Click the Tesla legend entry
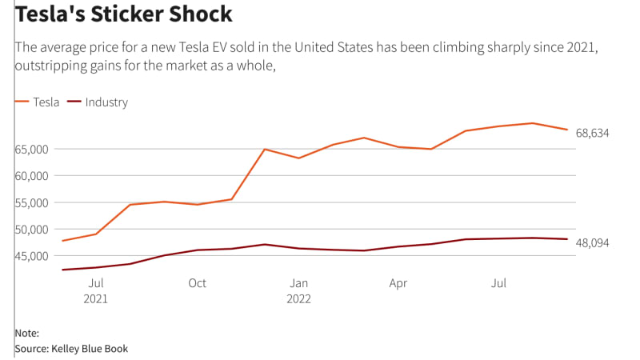tap(45, 102)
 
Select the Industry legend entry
tap(106, 102)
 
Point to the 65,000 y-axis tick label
tap(31, 150)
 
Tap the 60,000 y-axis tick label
tap(31, 176)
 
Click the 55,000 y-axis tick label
tap(31, 203)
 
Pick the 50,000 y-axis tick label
tap(31, 230)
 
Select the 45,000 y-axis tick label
tap(31, 256)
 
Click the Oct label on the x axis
tap(197, 283)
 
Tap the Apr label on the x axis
tap(398, 283)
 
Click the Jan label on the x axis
tap(298, 283)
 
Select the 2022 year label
tap(298, 299)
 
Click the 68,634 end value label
tap(593, 133)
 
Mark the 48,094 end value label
tap(593, 242)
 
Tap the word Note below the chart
tap(26, 333)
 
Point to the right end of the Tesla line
tap(567, 130)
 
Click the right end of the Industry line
tap(567, 239)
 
